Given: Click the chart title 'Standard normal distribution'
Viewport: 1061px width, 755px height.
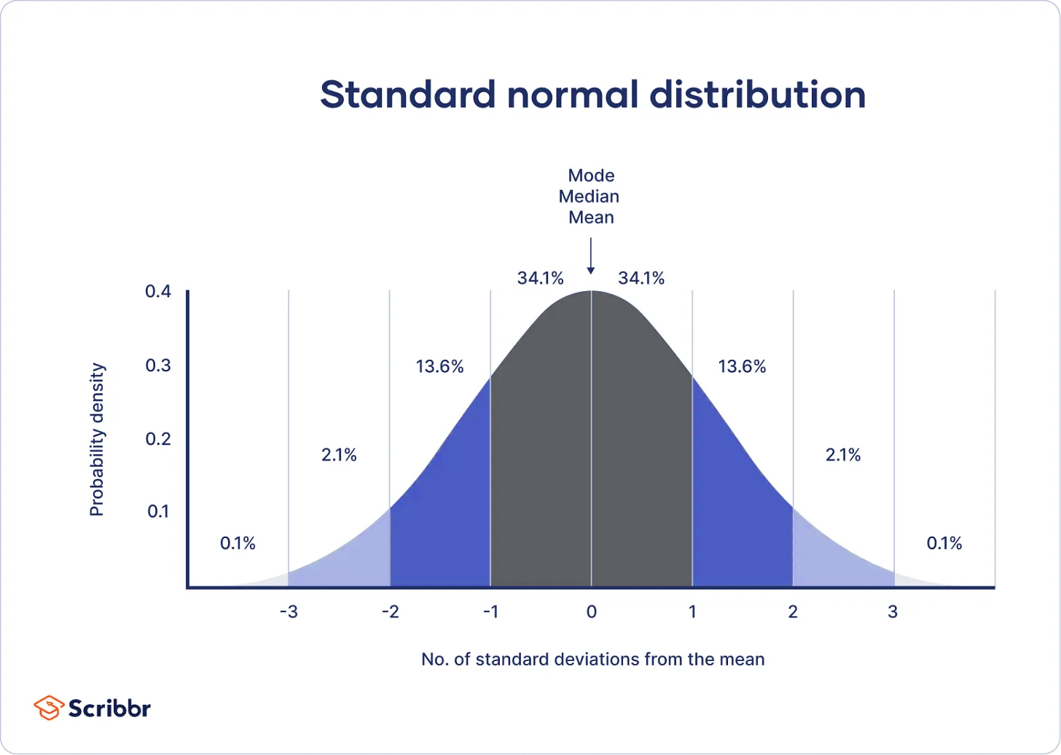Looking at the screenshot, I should pyautogui.click(x=592, y=95).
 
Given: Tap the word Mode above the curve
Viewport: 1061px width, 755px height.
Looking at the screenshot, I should pyautogui.click(x=591, y=175).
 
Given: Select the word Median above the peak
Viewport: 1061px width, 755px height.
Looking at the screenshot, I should pyautogui.click(x=589, y=197).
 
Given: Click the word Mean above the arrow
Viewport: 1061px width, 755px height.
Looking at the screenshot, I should pyautogui.click(x=591, y=218).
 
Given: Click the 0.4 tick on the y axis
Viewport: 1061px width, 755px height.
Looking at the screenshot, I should pyautogui.click(x=158, y=292).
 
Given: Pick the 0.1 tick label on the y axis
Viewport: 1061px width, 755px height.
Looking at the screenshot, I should pyautogui.click(x=158, y=512).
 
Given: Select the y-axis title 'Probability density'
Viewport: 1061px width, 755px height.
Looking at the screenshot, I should pyautogui.click(x=97, y=440).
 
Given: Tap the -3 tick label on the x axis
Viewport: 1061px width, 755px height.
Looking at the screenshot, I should pyautogui.click(x=289, y=612).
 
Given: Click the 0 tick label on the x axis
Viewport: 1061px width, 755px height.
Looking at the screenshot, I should pyautogui.click(x=591, y=612).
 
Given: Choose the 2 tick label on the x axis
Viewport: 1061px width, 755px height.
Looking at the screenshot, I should pyautogui.click(x=793, y=612).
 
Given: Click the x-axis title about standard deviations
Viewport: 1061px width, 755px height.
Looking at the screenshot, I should pyautogui.click(x=592, y=660).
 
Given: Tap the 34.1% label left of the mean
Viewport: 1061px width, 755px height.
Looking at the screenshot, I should pyautogui.click(x=540, y=278).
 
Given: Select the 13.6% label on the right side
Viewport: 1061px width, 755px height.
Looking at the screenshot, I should pyautogui.click(x=742, y=366).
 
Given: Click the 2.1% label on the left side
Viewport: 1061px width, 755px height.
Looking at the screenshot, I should pyautogui.click(x=339, y=455).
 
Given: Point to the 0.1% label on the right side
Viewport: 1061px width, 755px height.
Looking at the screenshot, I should pyautogui.click(x=944, y=543).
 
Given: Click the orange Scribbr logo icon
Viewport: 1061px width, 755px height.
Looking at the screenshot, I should pyautogui.click(x=49, y=708).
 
